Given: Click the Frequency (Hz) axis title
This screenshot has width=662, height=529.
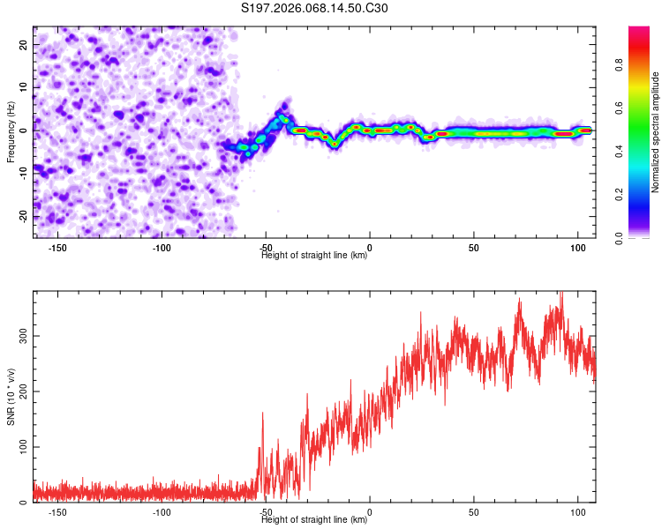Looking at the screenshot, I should [x=11, y=132].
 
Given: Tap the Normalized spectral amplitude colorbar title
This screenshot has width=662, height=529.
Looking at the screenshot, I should [x=655, y=132].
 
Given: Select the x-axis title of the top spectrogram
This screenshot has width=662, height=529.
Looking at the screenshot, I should [x=314, y=256].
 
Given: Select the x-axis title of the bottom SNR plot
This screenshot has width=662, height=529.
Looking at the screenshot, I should [x=314, y=520].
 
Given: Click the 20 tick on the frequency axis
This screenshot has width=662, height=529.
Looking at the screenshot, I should [x=23, y=43].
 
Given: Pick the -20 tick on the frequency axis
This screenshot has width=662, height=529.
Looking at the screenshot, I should [x=21, y=216].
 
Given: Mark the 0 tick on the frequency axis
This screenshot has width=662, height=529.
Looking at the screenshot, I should [x=26, y=130].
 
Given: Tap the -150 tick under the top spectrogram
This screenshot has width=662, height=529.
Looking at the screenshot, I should [x=57, y=248].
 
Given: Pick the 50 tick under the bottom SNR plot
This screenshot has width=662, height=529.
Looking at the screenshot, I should [x=474, y=512].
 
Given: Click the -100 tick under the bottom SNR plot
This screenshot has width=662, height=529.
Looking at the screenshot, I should [x=162, y=512].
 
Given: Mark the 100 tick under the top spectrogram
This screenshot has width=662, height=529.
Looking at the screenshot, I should [x=578, y=248].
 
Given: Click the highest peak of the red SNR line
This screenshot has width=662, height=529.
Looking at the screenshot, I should [x=560, y=294].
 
